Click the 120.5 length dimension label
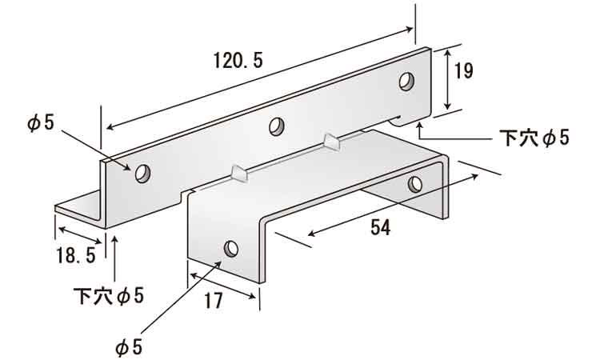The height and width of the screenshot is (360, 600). click(x=238, y=61)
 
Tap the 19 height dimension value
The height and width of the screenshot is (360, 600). click(x=463, y=70)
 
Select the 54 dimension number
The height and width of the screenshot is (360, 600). click(x=380, y=228)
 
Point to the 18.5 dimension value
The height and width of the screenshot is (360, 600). click(x=76, y=255)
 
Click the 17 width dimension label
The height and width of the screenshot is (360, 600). click(x=213, y=301)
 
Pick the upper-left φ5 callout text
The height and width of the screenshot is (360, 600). click(x=41, y=123)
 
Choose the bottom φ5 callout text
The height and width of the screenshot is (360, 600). click(x=129, y=347)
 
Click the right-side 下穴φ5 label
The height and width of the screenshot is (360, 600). click(x=534, y=138)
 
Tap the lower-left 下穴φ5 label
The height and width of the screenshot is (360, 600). click(x=109, y=296)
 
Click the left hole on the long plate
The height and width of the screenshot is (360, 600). click(x=142, y=174)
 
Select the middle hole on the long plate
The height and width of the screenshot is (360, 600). click(x=277, y=126)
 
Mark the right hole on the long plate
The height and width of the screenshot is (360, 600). click(x=406, y=81)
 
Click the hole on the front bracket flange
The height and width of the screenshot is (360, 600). click(x=231, y=249)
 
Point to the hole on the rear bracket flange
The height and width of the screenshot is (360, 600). click(x=415, y=184)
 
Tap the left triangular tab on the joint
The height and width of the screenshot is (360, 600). click(x=240, y=173)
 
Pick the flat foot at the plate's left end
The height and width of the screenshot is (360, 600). click(x=78, y=206)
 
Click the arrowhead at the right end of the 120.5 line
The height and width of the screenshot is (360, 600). click(x=409, y=30)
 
